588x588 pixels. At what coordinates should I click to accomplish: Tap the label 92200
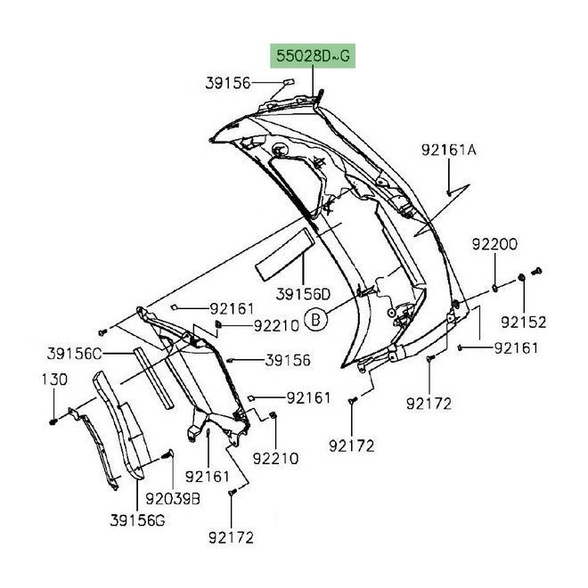[493, 242]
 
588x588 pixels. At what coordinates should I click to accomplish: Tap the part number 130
[54, 378]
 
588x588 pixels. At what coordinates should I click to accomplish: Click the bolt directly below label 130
[53, 419]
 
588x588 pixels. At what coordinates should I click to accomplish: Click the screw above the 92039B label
[167, 458]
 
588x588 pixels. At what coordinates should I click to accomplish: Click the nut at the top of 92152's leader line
[522, 281]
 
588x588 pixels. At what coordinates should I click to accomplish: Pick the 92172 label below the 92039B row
[232, 537]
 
